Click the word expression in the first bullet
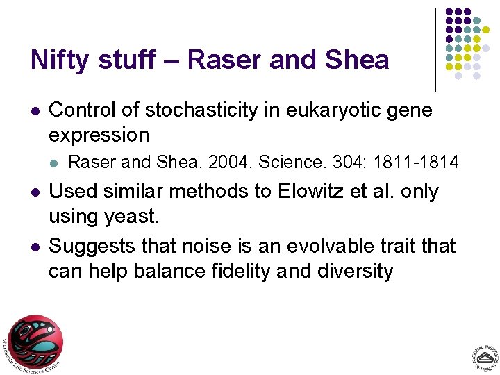[x=99, y=134]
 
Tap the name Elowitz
[x=304, y=191]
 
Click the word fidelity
[x=238, y=271]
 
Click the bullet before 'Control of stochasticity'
[x=35, y=110]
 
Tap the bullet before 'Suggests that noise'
[x=35, y=247]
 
